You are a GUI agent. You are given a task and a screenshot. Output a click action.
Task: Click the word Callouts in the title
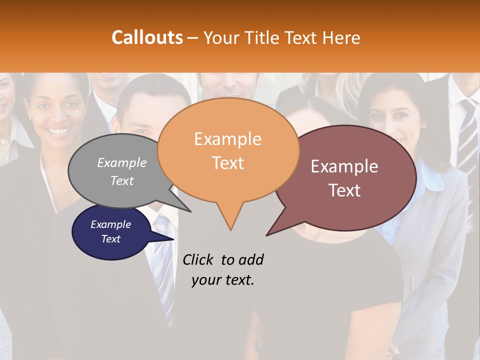(x=147, y=37)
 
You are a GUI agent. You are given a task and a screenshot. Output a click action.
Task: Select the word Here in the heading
(x=340, y=38)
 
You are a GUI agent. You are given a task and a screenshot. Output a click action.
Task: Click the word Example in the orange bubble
(x=227, y=139)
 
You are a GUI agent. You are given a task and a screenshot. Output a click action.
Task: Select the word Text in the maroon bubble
(x=344, y=190)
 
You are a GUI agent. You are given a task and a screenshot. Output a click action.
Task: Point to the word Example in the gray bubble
(x=122, y=163)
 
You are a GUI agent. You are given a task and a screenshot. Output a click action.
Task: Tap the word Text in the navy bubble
(x=111, y=239)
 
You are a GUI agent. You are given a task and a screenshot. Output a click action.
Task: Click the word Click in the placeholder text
(x=198, y=259)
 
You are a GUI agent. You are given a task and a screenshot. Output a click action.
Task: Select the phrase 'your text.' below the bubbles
(x=223, y=280)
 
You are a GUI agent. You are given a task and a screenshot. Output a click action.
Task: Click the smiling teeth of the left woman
(x=59, y=131)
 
